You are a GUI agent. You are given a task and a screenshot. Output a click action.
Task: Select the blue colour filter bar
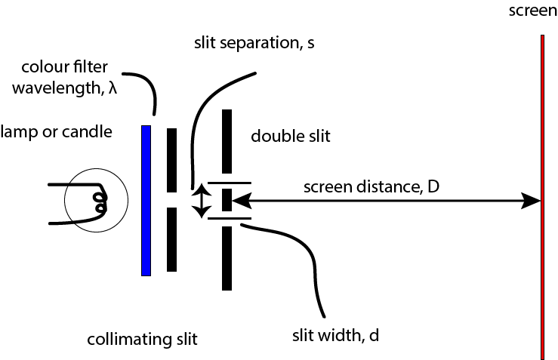click(146, 200)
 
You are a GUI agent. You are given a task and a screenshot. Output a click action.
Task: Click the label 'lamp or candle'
click(57, 132)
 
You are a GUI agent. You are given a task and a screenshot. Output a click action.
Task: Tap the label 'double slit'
click(291, 137)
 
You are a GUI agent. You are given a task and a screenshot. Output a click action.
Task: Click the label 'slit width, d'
click(336, 332)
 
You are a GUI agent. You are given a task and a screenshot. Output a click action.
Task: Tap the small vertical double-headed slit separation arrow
click(200, 202)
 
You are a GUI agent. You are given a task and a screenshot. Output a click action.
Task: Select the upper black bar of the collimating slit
click(172, 159)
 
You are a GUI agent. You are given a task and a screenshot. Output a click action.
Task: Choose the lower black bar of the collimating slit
click(172, 239)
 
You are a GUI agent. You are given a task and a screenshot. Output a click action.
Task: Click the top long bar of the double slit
click(227, 141)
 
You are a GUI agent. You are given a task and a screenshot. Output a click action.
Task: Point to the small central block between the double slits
click(227, 201)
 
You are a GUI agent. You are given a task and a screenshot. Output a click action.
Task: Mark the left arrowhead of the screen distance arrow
click(239, 201)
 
